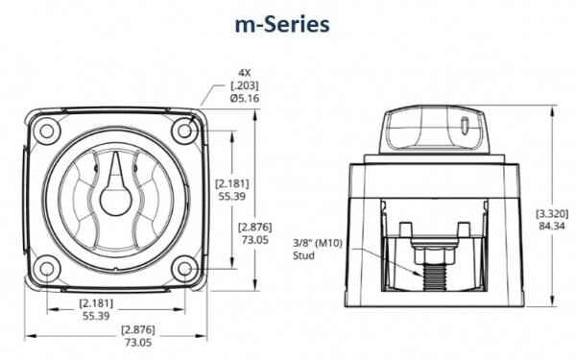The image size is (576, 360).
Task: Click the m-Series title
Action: tap(282, 25)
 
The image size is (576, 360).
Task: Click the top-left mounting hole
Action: tap(47, 131)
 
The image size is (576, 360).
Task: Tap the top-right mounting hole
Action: tap(184, 131)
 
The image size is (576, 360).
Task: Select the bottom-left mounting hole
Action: tap(47, 269)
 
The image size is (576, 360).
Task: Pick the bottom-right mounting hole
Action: tap(184, 269)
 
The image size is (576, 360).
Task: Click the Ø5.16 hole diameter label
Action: tap(245, 98)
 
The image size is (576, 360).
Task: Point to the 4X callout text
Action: tap(244, 73)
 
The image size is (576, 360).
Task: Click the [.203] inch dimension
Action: tap(245, 85)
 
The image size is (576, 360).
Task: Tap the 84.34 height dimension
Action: tap(552, 226)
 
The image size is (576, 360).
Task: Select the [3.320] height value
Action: tap(552, 213)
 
